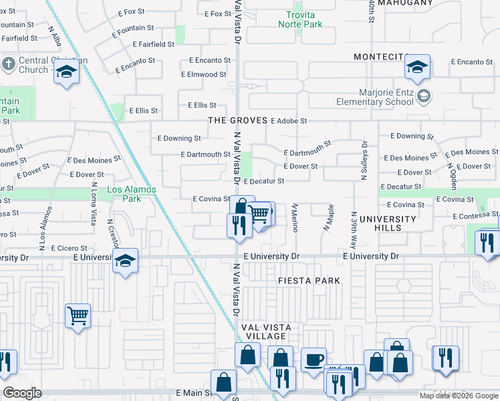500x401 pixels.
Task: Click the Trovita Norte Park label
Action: (304, 19)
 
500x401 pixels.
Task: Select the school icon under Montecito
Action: (416, 68)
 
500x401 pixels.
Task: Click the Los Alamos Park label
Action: (132, 194)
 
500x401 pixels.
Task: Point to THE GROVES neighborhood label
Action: (237, 121)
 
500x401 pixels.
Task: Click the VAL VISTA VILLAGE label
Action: (265, 331)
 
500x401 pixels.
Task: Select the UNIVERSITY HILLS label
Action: (388, 223)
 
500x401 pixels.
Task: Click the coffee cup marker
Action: (314, 361)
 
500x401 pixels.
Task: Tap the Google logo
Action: (22, 393)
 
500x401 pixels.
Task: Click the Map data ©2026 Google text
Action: (458, 396)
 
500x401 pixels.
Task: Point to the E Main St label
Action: (193, 393)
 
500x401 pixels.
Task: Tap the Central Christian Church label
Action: (34, 65)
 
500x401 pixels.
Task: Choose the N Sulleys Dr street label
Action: (365, 160)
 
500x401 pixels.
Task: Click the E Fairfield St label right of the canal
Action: (153, 44)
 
